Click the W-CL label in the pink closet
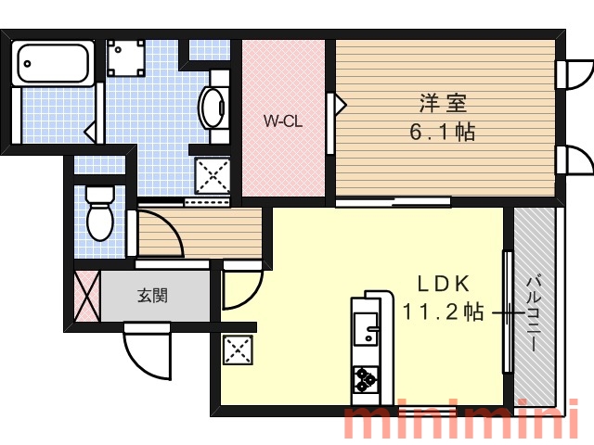282,121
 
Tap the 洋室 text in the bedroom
444,103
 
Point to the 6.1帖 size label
443,132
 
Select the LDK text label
444,284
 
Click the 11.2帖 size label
443,311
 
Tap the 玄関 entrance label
152,295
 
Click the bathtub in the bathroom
53,63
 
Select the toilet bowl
100,213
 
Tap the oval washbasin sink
213,108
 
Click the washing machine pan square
125,58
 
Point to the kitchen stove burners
366,379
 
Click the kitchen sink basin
366,328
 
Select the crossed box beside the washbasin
213,176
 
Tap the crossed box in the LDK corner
238,350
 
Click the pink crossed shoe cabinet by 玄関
87,296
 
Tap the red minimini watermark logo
461,421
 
